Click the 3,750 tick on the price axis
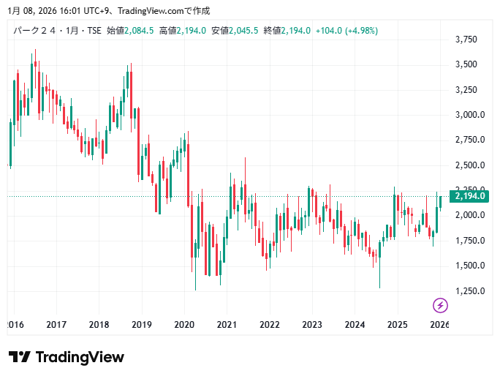tap(466, 40)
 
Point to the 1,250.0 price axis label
tap(469, 290)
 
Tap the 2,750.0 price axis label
tap(469, 140)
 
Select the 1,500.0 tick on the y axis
tap(469, 266)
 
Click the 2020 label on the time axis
tap(184, 324)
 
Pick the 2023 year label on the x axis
tap(312, 324)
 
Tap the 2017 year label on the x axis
tap(56, 324)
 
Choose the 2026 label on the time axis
tap(439, 324)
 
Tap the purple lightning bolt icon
tap(440, 305)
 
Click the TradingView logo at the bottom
tap(67, 357)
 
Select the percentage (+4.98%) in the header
tap(362, 30)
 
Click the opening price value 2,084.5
tap(139, 30)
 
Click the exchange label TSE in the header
tap(94, 30)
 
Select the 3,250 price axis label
tap(466, 90)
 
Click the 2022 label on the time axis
tap(270, 324)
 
